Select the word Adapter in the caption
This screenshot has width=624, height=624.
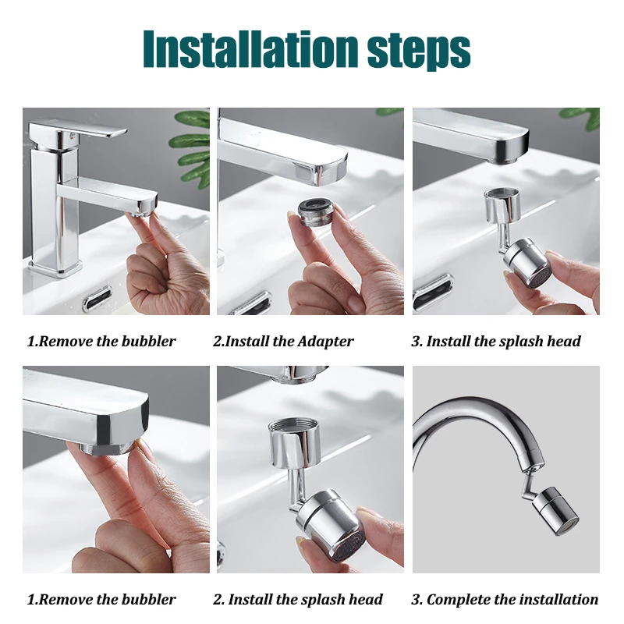click(324, 341)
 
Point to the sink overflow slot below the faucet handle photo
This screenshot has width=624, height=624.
click(97, 298)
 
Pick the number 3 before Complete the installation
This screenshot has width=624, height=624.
click(416, 599)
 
